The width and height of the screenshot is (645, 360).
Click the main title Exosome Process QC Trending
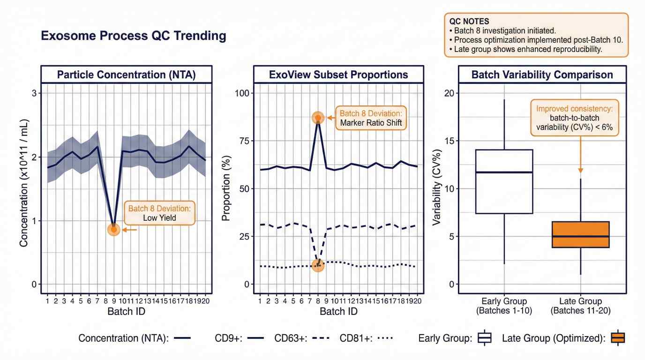point(134,36)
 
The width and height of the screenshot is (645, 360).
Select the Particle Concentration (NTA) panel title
point(126,75)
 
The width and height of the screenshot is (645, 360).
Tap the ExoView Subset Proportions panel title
point(338,75)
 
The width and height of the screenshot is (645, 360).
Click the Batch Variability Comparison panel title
point(542,75)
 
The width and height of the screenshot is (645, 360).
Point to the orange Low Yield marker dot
point(113,230)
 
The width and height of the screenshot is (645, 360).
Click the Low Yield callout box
point(159,213)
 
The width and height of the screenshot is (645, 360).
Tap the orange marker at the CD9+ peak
point(318,118)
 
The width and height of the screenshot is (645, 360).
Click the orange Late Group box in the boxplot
point(580,234)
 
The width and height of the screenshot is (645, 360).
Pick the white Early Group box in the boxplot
point(504,181)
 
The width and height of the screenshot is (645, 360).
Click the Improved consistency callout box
point(574,118)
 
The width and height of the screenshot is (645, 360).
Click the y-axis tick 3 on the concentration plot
point(34,93)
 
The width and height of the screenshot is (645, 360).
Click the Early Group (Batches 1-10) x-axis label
point(504,306)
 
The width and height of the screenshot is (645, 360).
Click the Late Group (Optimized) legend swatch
point(617,338)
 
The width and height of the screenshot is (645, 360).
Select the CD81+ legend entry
point(366,338)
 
